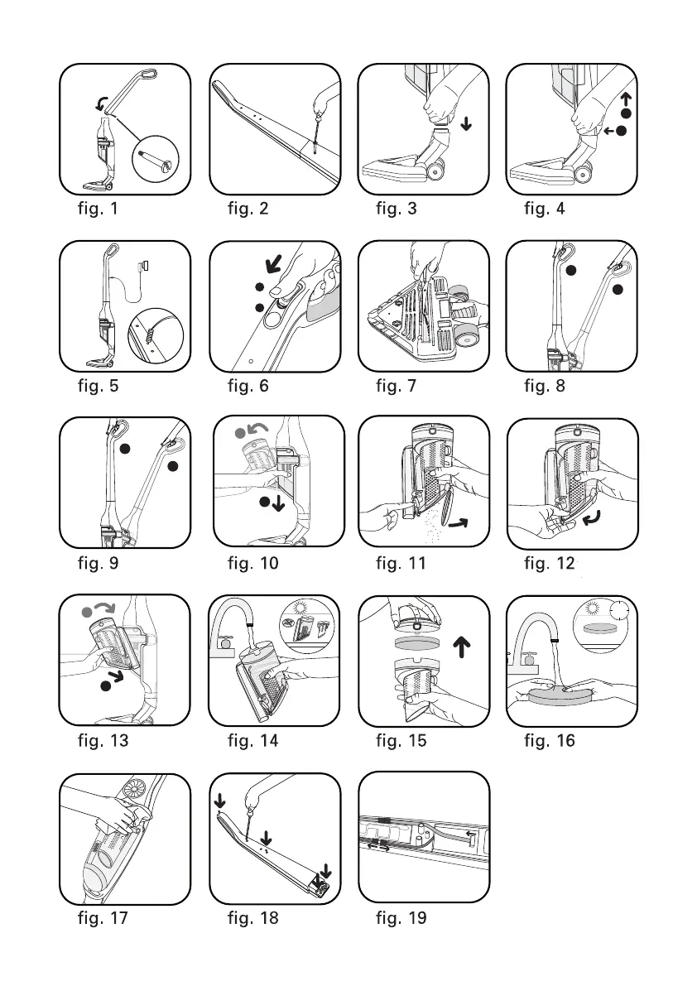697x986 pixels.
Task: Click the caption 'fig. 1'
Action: tap(98, 209)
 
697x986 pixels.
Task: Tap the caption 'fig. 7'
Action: tap(396, 386)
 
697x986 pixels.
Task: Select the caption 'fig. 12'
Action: tap(549, 564)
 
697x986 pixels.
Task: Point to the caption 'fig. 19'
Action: tap(401, 918)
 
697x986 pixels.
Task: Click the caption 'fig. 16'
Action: tap(549, 741)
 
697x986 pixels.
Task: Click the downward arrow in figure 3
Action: tap(467, 124)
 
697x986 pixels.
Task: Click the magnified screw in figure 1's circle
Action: tap(156, 156)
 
